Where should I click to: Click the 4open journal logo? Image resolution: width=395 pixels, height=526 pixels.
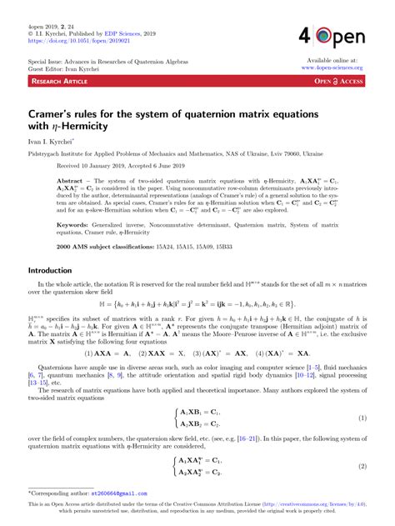(x=340, y=37)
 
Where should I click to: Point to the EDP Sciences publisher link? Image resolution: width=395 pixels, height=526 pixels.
(x=122, y=32)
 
